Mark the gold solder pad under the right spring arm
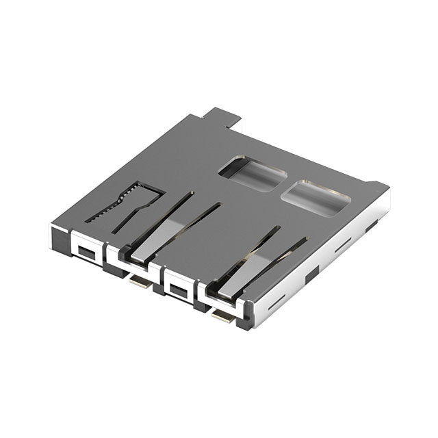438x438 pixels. (x=223, y=316)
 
